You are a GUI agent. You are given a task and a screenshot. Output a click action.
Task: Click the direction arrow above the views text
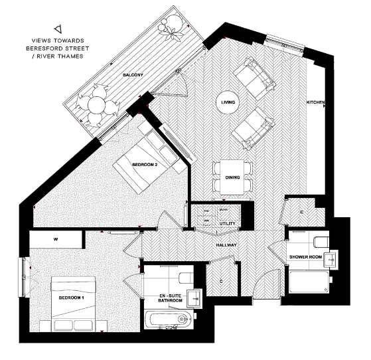pyautogui.click(x=58, y=29)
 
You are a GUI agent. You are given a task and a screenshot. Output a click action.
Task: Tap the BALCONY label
pyautogui.click(x=133, y=76)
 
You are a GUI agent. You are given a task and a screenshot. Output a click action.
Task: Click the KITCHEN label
pyautogui.click(x=315, y=102)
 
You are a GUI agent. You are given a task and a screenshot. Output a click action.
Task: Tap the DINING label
pyautogui.click(x=232, y=177)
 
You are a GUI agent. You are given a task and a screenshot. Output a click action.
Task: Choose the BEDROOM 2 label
pyautogui.click(x=144, y=164)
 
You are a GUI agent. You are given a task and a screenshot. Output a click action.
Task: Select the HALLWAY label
pyautogui.click(x=226, y=245)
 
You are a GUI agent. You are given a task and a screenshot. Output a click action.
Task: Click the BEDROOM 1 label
pyautogui.click(x=71, y=298)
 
